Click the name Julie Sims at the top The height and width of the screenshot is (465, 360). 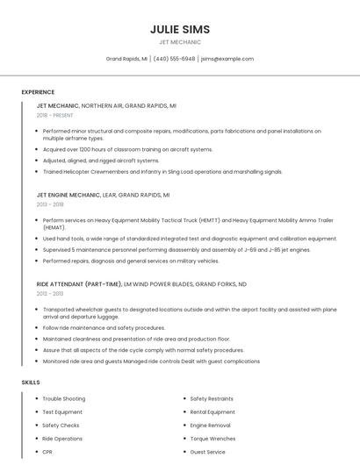coord(180,29)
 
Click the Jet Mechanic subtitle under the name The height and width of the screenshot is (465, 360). coord(180,42)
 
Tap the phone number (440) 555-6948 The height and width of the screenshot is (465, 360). coord(174,59)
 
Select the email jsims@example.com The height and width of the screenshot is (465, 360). coord(227,59)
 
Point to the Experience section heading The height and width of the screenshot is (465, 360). coord(38,92)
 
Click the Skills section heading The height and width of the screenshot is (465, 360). coord(31,383)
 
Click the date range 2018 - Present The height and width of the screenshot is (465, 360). coord(55,115)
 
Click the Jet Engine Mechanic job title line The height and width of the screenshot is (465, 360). coord(103,195)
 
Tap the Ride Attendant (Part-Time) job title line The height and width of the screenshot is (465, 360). coord(141,284)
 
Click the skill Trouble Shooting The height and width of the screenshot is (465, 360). coord(64,399)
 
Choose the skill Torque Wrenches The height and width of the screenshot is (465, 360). coord(213,439)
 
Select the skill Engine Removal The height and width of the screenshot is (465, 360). coord(210,426)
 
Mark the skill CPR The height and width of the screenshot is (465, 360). coord(47,452)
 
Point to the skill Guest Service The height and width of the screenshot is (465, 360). coord(209,452)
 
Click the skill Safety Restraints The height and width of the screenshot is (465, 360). coord(213,399)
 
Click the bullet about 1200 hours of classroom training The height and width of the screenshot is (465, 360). coord(127,149)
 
